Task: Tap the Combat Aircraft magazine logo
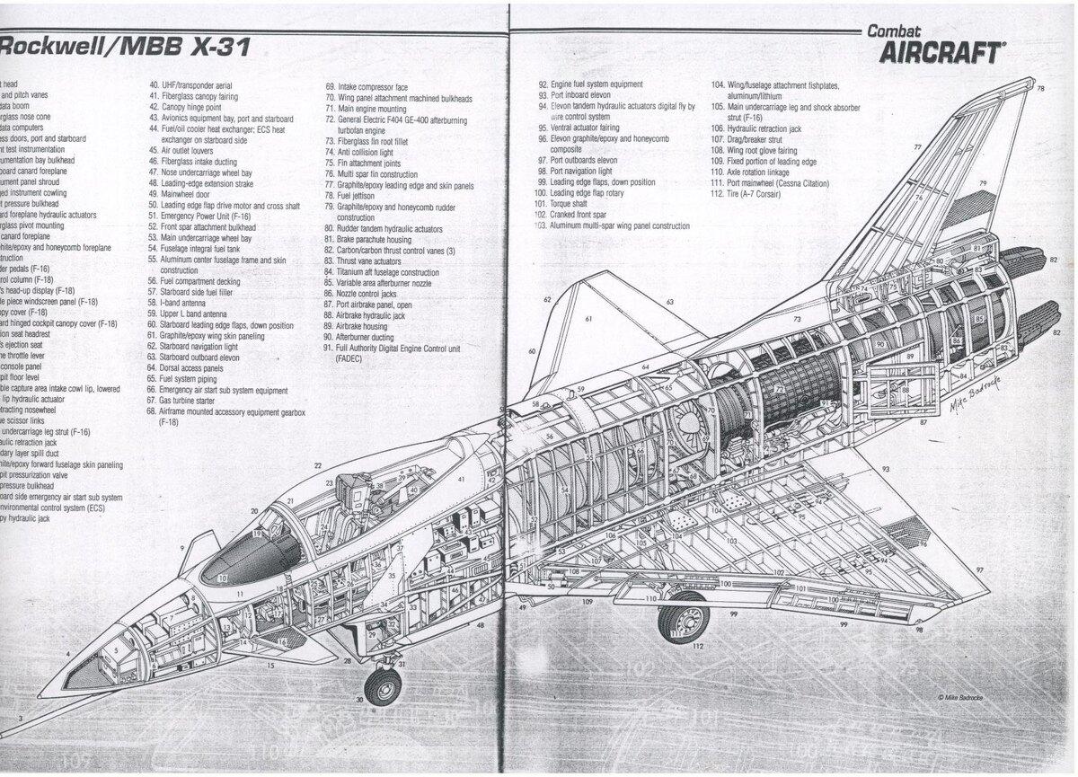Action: click(x=934, y=45)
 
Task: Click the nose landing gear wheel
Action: click(x=383, y=686)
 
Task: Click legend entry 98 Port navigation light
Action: click(x=579, y=171)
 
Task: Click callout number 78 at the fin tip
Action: click(x=1039, y=88)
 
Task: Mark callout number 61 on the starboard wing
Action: click(x=588, y=319)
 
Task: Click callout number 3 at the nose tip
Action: click(x=20, y=719)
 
